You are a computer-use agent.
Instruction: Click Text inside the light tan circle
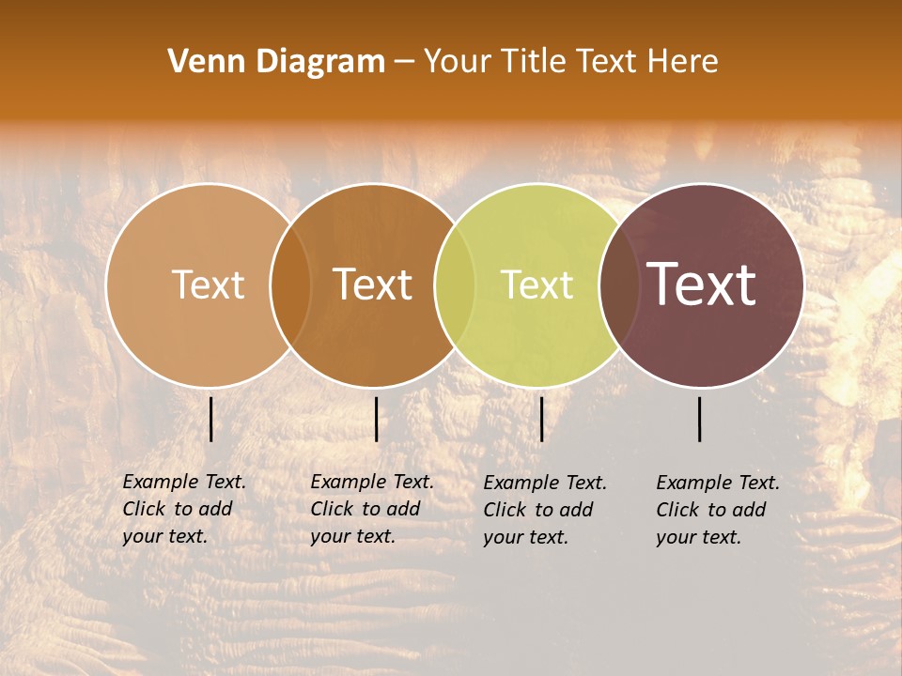click(x=208, y=284)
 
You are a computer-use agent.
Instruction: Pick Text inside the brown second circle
click(x=372, y=284)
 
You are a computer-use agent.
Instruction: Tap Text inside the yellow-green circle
click(x=537, y=284)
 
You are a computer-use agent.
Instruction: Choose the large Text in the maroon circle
click(x=701, y=284)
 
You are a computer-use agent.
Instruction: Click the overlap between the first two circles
click(x=290, y=285)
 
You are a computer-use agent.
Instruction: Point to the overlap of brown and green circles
click(x=455, y=285)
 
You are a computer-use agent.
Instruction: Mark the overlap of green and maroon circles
click(x=619, y=285)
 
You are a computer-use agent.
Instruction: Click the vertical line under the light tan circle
click(x=211, y=419)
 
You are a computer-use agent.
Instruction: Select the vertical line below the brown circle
click(x=376, y=419)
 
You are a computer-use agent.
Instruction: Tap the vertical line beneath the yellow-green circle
click(x=541, y=419)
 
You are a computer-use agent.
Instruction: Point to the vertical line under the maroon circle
click(x=700, y=419)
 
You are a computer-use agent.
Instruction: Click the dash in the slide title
click(x=404, y=63)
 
